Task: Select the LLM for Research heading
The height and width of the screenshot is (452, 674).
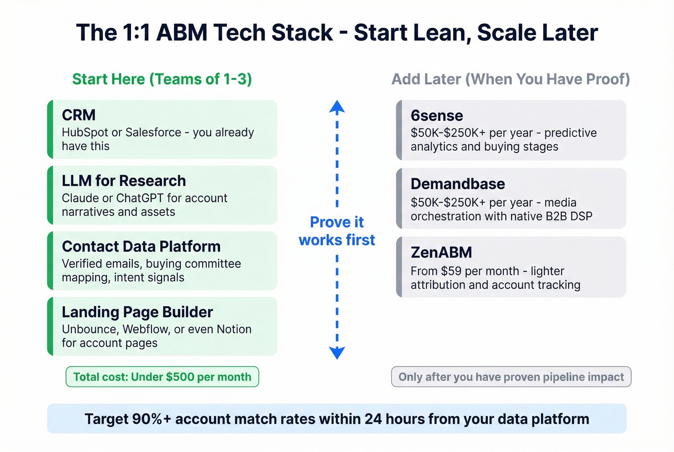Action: [124, 181]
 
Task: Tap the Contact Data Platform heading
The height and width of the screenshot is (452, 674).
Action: [141, 246]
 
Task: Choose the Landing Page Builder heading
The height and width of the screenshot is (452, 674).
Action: [137, 312]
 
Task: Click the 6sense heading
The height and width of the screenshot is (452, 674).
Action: [437, 116]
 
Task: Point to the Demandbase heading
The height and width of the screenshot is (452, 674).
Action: [457, 184]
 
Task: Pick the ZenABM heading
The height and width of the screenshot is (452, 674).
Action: [441, 252]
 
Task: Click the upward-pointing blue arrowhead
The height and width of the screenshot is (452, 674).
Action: [337, 106]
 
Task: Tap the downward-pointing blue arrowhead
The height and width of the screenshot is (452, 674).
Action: [337, 353]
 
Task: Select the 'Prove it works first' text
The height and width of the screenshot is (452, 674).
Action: [337, 231]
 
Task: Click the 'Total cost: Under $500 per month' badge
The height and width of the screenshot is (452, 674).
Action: [162, 377]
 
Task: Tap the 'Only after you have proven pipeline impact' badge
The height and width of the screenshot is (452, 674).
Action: [511, 377]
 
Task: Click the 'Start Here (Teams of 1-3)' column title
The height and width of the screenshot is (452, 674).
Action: [162, 79]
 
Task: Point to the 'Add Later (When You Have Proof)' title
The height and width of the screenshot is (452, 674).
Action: [510, 79]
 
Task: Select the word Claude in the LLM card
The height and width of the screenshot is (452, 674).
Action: [79, 198]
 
